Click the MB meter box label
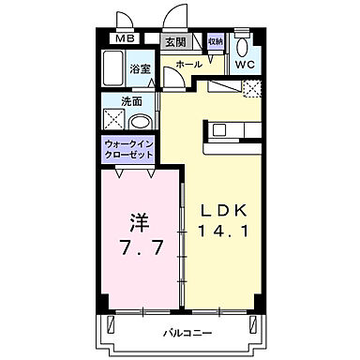tap(124, 39)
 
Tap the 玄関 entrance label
tap(175, 43)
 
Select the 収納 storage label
tap(215, 43)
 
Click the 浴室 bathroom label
tap(140, 68)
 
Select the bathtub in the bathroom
tap(113, 67)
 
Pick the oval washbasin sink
tap(139, 121)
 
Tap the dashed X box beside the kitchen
tap(249, 88)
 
